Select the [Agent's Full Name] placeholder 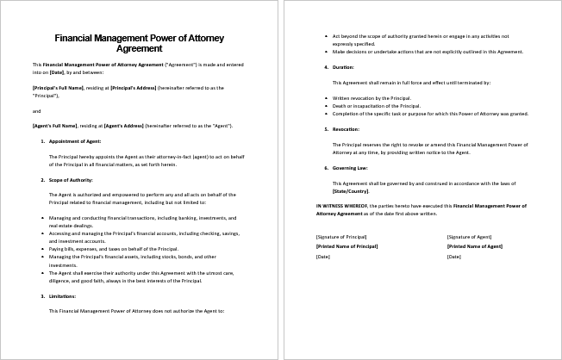52,126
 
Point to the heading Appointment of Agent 75,140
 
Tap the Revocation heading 347,128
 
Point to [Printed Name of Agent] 474,246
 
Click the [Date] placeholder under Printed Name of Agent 453,257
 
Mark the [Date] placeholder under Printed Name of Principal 323,257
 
